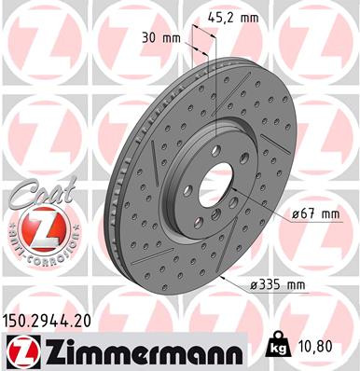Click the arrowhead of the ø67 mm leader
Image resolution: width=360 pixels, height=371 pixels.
tap(244, 198)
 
